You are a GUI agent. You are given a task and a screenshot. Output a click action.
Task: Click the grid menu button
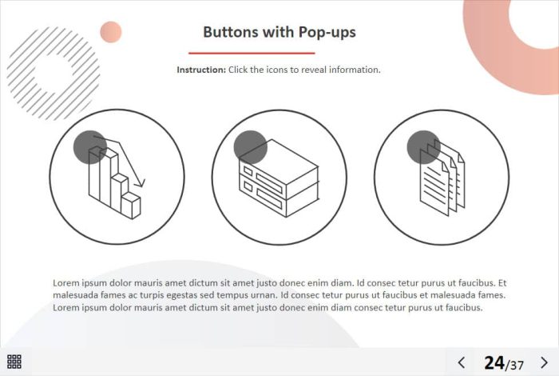pyautogui.click(x=14, y=362)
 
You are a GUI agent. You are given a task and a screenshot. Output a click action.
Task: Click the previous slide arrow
pyautogui.click(x=462, y=362)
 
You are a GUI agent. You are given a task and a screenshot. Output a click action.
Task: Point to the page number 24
pyautogui.click(x=494, y=362)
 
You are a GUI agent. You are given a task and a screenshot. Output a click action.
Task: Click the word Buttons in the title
pyautogui.click(x=231, y=32)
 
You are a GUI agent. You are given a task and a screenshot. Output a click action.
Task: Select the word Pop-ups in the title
pyautogui.click(x=327, y=33)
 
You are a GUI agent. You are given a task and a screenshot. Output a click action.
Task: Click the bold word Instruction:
pyautogui.click(x=201, y=70)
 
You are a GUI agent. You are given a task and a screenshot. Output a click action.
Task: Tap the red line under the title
pyautogui.click(x=252, y=54)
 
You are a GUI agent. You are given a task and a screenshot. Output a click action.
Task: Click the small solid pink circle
pyautogui.click(x=111, y=32)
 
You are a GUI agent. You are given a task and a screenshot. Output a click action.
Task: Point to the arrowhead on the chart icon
pyautogui.click(x=141, y=182)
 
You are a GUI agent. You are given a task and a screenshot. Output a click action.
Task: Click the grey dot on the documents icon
pyautogui.click(x=424, y=147)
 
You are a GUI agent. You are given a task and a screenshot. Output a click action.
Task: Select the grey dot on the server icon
pyautogui.click(x=250, y=147)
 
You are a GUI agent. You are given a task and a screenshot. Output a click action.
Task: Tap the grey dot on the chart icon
pyautogui.click(x=89, y=147)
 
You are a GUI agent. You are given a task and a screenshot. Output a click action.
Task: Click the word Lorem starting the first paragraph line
pyautogui.click(x=66, y=283)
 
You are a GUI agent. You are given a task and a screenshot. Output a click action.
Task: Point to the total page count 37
pyautogui.click(x=517, y=365)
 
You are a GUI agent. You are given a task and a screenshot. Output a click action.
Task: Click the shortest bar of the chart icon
pyautogui.click(x=131, y=206)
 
